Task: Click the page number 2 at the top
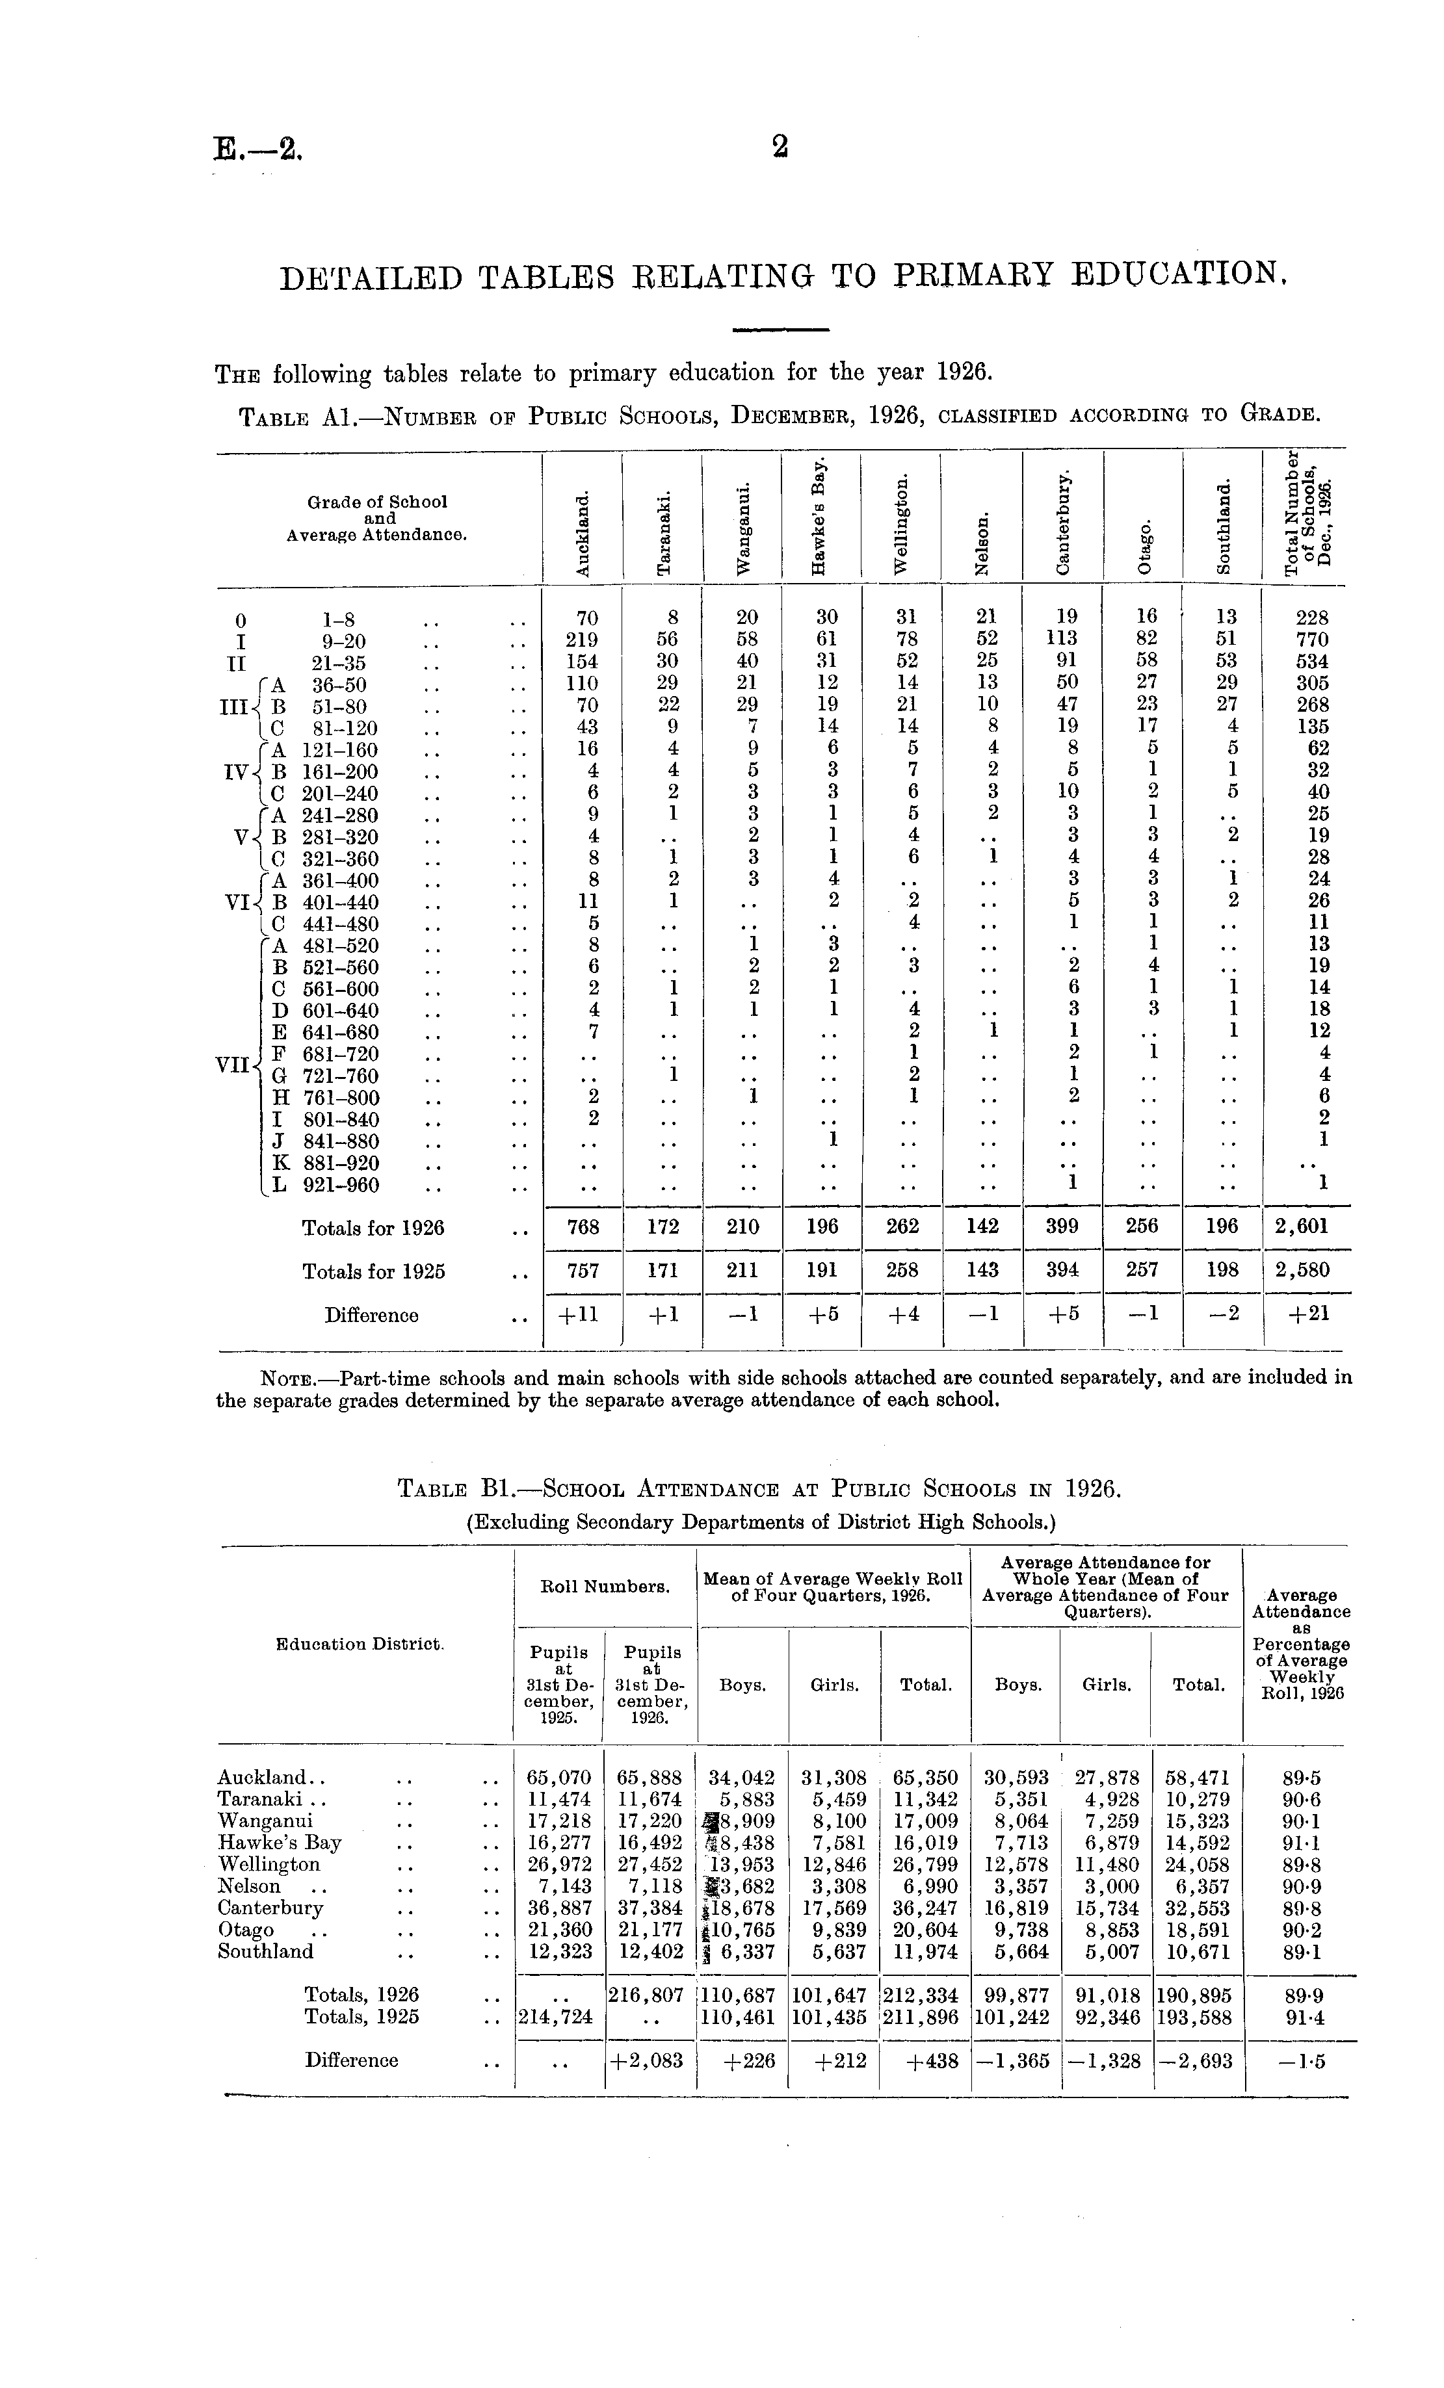tap(780, 148)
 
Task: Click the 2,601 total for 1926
tap(1304, 1226)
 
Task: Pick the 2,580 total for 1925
tap(1304, 1269)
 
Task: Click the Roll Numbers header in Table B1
tap(605, 1587)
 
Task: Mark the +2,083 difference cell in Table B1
tap(650, 2060)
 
